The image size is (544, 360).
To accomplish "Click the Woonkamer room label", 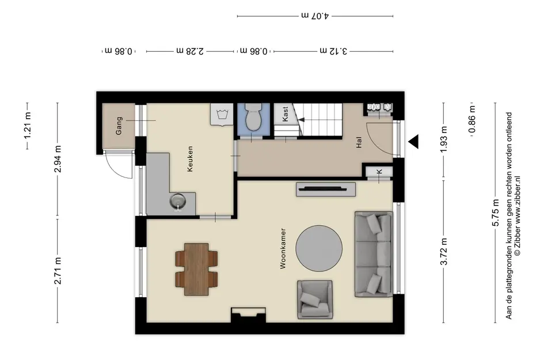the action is pos(283,248).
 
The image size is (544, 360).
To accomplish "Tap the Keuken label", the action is pos(190,158).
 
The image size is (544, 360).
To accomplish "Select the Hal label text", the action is pos(359,142).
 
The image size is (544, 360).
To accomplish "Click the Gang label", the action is pos(119,126).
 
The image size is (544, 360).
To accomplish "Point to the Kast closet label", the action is pos(285,114).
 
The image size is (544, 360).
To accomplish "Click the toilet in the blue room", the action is pos(253,118).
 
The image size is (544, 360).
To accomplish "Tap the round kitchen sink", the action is pos(178,200).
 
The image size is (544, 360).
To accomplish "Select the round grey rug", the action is pos(319,249).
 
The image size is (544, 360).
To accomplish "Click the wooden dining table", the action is pos(197,269).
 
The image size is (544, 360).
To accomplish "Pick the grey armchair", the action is pos(315,300).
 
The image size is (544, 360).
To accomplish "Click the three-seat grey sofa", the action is pos(374,254).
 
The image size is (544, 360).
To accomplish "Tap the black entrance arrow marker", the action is pos(413,142).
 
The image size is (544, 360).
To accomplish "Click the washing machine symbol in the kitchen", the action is pos(222,114).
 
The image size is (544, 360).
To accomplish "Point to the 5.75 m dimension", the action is pos(496,213).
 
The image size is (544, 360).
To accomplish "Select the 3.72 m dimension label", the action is pos(444,252).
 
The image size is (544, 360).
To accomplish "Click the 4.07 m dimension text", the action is pos(315,16).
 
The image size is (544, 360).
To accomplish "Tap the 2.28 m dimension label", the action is pos(190,51).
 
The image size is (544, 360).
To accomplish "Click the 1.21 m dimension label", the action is pos(28,126).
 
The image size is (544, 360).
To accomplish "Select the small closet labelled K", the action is pos(379,172).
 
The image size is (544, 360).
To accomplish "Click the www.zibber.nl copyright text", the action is pos(518,216).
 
